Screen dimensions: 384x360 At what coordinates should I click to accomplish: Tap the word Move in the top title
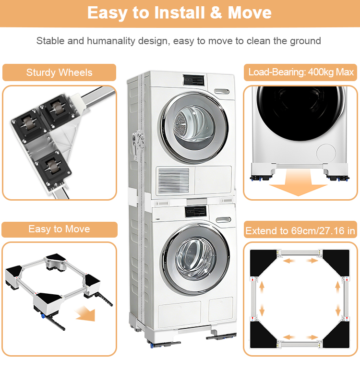[x=250, y=13]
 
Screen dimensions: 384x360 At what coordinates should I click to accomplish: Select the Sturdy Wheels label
[x=59, y=73]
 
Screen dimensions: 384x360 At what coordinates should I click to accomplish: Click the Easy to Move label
[x=59, y=229]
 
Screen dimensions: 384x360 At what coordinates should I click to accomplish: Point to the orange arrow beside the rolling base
[x=85, y=314]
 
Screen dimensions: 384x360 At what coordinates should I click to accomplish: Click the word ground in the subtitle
[x=305, y=41]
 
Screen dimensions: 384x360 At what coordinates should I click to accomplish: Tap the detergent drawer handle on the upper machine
[x=221, y=91]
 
